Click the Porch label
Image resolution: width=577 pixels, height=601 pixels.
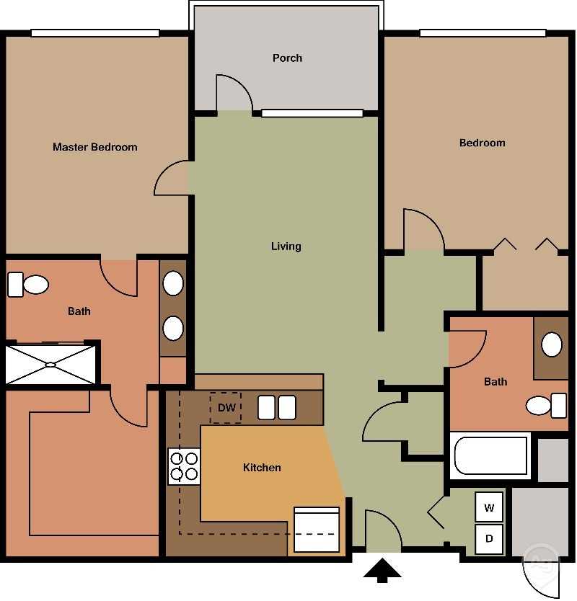287,58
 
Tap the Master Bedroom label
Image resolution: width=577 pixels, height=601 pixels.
94,147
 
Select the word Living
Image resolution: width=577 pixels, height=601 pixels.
286,246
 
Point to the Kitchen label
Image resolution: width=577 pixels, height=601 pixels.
262,468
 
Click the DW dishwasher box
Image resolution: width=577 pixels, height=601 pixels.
226,408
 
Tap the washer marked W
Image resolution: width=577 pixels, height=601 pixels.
489,507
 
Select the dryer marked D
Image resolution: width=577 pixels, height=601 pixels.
489,538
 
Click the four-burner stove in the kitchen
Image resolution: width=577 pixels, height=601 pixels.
183,466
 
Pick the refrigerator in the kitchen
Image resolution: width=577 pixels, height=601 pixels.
316,530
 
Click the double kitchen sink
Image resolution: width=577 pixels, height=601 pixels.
277,407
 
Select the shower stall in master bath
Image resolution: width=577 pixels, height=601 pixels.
50,365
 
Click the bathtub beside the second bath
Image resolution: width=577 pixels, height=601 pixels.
490,455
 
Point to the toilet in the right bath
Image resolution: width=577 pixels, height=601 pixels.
546,405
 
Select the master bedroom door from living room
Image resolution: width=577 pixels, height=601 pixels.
172,178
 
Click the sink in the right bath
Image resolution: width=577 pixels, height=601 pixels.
552,344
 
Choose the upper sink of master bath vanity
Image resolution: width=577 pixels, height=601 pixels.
173,283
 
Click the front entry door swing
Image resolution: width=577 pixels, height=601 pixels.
383,531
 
